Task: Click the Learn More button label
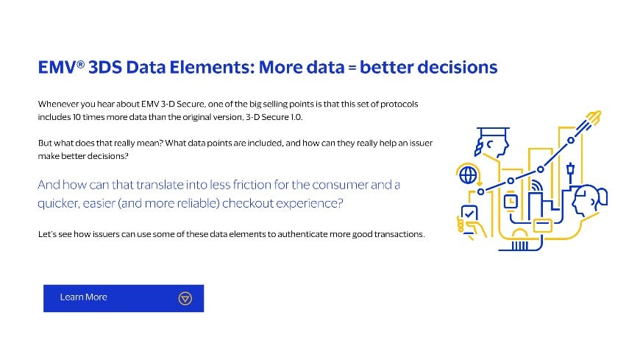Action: [83, 297]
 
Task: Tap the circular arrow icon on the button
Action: [185, 298]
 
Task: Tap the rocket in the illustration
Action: [594, 117]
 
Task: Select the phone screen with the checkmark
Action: [469, 215]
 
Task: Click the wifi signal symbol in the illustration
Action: [536, 183]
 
